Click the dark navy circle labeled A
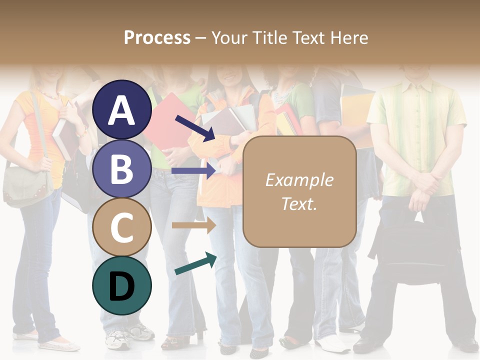coord(121,109)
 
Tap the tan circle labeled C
coord(121,227)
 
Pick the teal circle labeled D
coord(121,286)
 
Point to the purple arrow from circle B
coord(193,171)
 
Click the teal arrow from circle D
coord(195,264)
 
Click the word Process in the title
coord(157,37)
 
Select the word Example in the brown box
coord(299,180)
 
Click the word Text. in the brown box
coord(299,203)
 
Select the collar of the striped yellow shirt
coord(418,82)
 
